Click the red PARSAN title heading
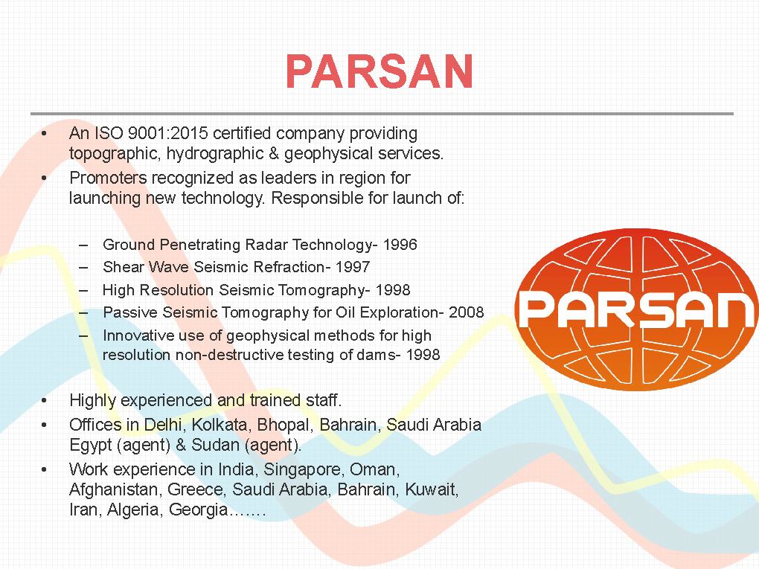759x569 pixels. pos(379,71)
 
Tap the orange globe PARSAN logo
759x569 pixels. pos(636,309)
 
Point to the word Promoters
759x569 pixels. pos(108,178)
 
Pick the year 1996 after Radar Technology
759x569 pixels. pos(400,245)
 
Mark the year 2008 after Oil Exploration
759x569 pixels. pos(466,312)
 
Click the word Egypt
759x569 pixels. pos(91,446)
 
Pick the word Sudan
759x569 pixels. pos(215,445)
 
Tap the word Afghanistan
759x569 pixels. pos(115,489)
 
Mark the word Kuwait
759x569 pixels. pos(432,489)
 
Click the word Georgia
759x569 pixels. pos(199,510)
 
